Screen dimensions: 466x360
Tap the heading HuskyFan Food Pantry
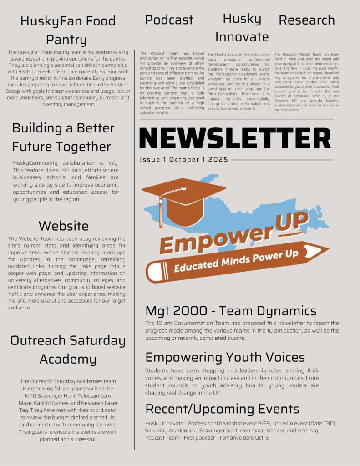click(x=68, y=30)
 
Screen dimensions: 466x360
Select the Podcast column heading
click(x=169, y=20)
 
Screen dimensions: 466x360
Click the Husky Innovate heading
click(x=242, y=28)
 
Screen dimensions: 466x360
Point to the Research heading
click(x=306, y=20)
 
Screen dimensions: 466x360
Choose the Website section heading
click(x=63, y=226)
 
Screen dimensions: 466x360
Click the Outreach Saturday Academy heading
click(x=68, y=349)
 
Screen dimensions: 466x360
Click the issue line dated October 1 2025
click(x=184, y=160)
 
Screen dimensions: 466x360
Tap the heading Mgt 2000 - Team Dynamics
click(x=231, y=311)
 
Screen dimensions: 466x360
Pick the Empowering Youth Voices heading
click(x=225, y=357)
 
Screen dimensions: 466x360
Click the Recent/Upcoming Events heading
click(x=222, y=409)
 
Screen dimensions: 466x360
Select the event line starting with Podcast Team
click(x=207, y=437)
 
